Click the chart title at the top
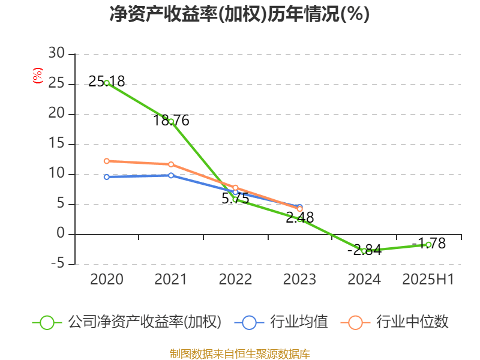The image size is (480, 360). (239, 14)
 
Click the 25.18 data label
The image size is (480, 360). (107, 82)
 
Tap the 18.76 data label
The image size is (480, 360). (171, 121)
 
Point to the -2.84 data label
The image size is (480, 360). (364, 250)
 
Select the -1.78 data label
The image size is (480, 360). (428, 243)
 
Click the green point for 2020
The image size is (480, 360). (107, 83)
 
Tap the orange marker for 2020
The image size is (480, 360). (107, 161)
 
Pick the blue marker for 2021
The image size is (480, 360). (171, 175)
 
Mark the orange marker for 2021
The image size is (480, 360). (171, 164)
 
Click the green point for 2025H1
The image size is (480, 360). (428, 245)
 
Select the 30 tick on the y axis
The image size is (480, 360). (57, 54)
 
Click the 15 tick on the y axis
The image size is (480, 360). (57, 144)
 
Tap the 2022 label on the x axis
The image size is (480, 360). (235, 279)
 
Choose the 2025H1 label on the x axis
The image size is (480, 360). (428, 279)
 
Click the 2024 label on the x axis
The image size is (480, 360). (364, 279)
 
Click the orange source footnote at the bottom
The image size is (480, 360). (239, 353)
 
